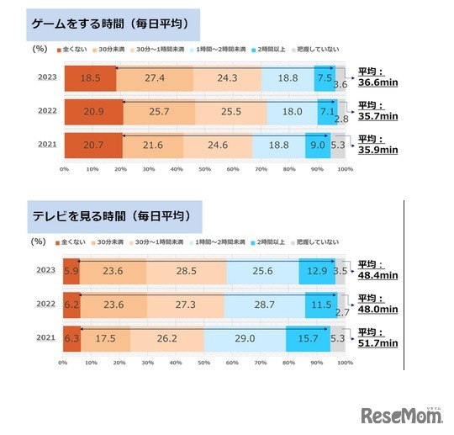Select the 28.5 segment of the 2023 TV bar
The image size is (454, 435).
pos(186,271)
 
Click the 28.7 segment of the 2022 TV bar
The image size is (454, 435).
pos(266,304)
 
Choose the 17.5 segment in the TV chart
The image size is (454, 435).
pos(105,337)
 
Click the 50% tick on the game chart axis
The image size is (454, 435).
pos(204,169)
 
